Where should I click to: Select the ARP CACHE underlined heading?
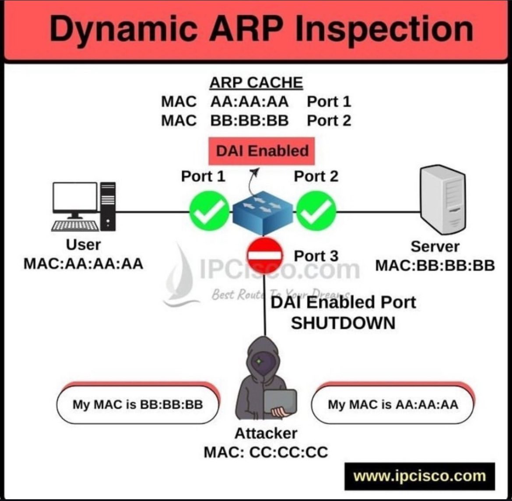pos(256,82)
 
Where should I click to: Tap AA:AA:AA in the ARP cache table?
pos(249,102)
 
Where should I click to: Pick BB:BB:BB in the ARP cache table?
pos(249,121)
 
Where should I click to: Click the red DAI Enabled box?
pos(262,151)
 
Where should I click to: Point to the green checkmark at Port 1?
pos(209,212)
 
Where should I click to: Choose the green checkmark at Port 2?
pos(316,212)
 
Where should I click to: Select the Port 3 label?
pos(316,256)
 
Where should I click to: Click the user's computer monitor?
pos(75,198)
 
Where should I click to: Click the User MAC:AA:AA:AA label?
pos(83,255)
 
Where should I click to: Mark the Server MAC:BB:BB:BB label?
pos(435,256)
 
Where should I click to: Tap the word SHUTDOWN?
pos(343,323)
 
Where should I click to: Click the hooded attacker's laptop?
pos(280,402)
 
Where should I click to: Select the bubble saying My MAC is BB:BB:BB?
pos(137,404)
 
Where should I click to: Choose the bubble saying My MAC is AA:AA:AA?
pos(393,404)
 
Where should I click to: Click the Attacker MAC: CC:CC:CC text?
pos(266,443)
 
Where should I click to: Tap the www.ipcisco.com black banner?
pos(419,476)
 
